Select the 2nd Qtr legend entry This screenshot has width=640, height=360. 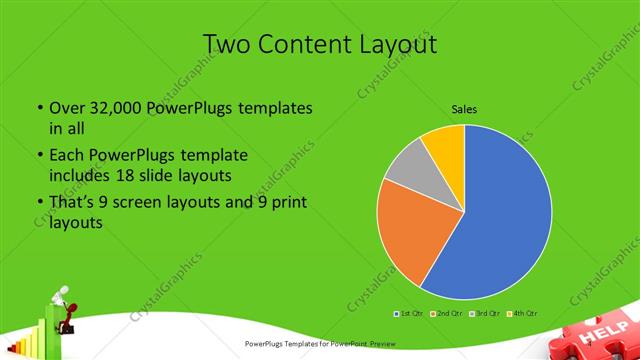coord(447,313)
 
